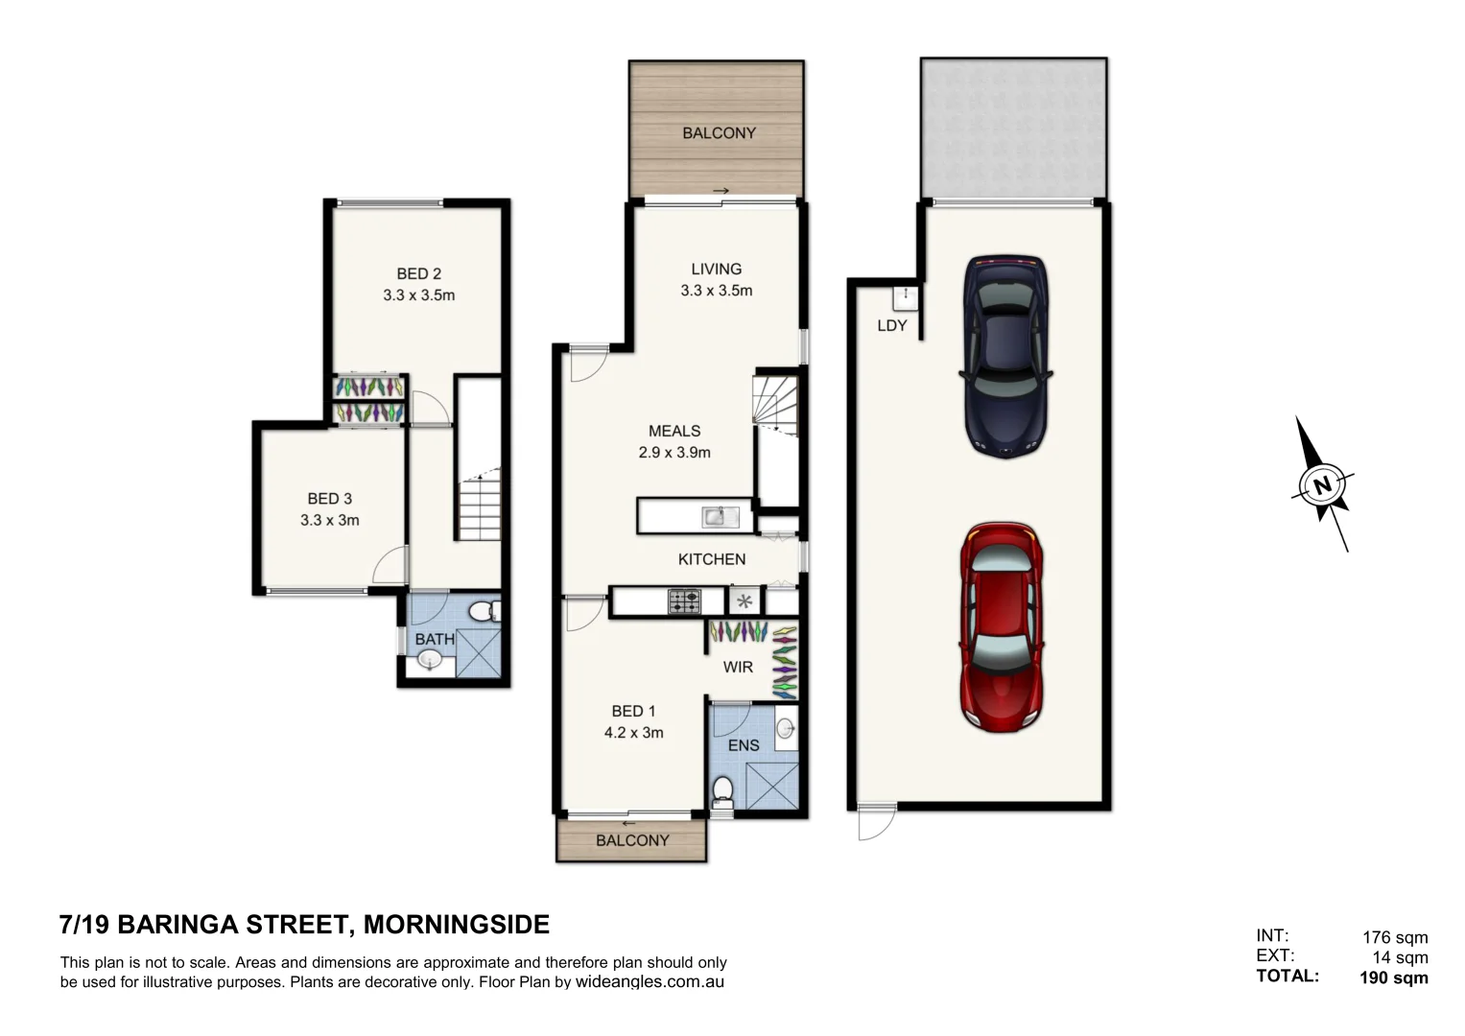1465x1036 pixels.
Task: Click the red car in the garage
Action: click(x=1001, y=627)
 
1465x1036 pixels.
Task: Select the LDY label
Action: click(x=891, y=326)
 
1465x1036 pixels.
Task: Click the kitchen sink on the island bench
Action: click(x=716, y=517)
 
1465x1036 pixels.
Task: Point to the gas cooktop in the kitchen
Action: click(x=683, y=601)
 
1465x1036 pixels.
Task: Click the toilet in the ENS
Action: click(x=722, y=791)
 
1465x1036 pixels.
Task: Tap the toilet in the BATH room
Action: click(x=487, y=610)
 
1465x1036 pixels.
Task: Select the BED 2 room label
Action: click(x=418, y=274)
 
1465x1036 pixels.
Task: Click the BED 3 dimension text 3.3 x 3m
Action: click(x=329, y=521)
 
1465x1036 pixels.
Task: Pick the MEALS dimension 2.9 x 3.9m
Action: click(x=673, y=453)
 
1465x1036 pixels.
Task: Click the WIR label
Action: click(x=738, y=667)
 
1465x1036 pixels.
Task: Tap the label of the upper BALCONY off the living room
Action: click(x=719, y=133)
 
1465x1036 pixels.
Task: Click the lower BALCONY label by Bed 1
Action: click(x=632, y=840)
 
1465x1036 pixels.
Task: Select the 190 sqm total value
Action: click(x=1393, y=978)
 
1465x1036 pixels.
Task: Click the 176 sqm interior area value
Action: click(x=1395, y=937)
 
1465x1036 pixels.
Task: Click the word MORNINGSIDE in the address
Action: click(x=457, y=925)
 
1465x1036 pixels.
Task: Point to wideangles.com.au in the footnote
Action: click(x=650, y=982)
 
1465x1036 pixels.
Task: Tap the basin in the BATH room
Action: click(x=429, y=660)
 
